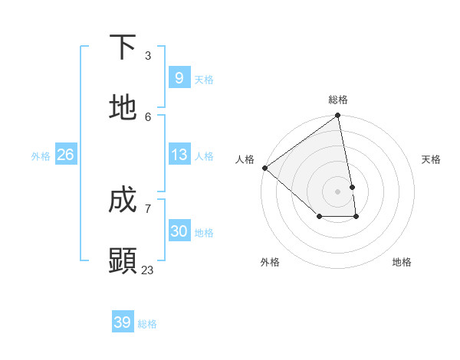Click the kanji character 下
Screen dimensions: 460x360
[x=123, y=47]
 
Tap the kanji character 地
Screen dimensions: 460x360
[x=123, y=108]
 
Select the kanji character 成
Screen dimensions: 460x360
[x=123, y=200]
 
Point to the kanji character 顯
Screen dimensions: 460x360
[x=123, y=260]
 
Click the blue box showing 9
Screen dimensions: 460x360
[x=179, y=78]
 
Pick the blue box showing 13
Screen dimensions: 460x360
[x=179, y=155]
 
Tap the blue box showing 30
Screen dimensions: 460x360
[x=179, y=231]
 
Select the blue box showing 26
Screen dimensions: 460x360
[x=65, y=155]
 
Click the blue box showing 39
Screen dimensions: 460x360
[x=123, y=322]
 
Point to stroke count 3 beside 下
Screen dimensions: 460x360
[x=148, y=56]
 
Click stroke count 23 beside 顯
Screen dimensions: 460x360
[x=147, y=270]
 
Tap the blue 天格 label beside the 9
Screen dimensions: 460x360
[x=204, y=79]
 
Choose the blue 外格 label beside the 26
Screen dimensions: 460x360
[x=41, y=155]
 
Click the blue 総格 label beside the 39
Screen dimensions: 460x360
[x=147, y=323]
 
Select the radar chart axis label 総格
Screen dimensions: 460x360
[x=338, y=100]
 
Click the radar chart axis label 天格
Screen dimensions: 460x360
[x=432, y=159]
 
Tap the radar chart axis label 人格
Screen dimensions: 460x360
[x=245, y=159]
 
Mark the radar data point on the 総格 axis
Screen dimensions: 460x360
[x=338, y=116]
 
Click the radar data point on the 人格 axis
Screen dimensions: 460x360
[x=264, y=168]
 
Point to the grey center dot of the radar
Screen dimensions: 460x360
[x=338, y=191]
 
